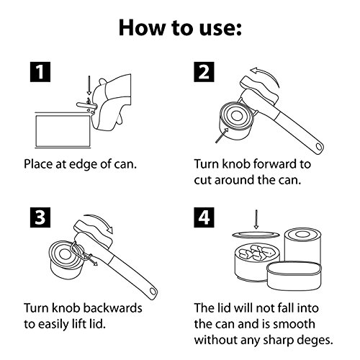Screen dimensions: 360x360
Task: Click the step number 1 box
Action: pyautogui.click(x=40, y=72)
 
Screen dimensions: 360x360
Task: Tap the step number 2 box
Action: pyautogui.click(x=204, y=72)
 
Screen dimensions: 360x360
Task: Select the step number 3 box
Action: pyautogui.click(x=40, y=217)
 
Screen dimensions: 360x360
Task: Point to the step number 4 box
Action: pyautogui.click(x=204, y=217)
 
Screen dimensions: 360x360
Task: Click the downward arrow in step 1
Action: pyautogui.click(x=89, y=86)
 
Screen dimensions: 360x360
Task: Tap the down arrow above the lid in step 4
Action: pyautogui.click(x=256, y=220)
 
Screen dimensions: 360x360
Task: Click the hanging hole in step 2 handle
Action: pyautogui.click(x=319, y=146)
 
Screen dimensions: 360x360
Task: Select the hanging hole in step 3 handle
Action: pyautogui.click(x=153, y=292)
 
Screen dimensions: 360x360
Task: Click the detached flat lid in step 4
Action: pyautogui.click(x=256, y=235)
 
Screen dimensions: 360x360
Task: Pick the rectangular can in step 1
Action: pyautogui.click(x=63, y=130)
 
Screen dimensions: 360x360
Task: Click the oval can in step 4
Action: pyautogui.click(x=294, y=276)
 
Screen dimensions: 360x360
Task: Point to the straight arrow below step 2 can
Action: pyautogui.click(x=222, y=135)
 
